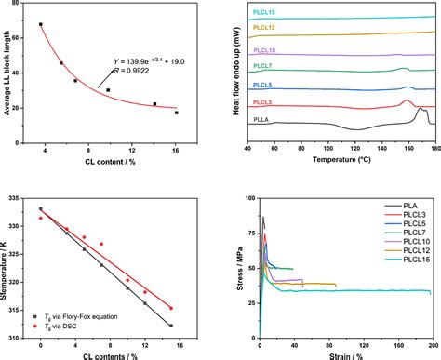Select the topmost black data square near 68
pos(41,24)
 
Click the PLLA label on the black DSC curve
pos(262,118)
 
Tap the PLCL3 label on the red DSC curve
pos(264,102)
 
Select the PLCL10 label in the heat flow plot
pos(264,50)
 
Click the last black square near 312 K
pos(170,325)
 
